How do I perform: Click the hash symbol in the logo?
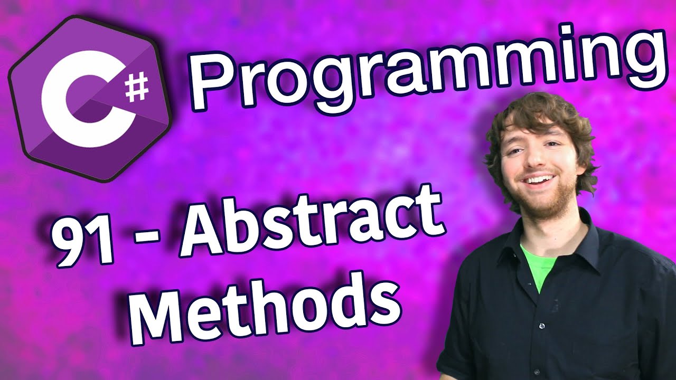pyautogui.click(x=138, y=88)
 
